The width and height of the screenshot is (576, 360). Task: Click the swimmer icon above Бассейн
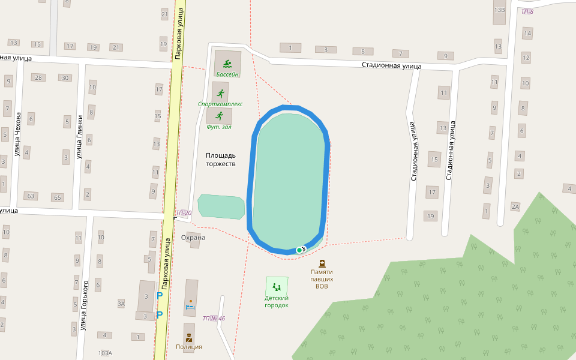click(227, 63)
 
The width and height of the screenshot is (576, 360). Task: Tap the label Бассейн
click(227, 74)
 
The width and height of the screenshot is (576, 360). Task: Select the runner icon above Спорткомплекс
click(220, 94)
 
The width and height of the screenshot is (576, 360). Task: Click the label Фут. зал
click(218, 127)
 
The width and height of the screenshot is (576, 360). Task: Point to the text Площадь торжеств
click(221, 159)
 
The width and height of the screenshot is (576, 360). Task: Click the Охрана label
click(193, 238)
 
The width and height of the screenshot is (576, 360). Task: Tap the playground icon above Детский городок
click(277, 287)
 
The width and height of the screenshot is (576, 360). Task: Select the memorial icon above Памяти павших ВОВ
click(322, 263)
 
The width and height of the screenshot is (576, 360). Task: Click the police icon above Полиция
click(188, 337)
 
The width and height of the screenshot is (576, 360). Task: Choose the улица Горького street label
click(84, 305)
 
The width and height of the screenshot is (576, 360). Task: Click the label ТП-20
click(184, 213)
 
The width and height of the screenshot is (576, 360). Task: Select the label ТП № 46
click(214, 318)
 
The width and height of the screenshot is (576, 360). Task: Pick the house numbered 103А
click(105, 353)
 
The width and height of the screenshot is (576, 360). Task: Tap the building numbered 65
click(58, 197)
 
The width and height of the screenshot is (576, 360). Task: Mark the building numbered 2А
click(515, 207)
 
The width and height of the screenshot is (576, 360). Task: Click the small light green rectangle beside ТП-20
click(221, 206)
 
